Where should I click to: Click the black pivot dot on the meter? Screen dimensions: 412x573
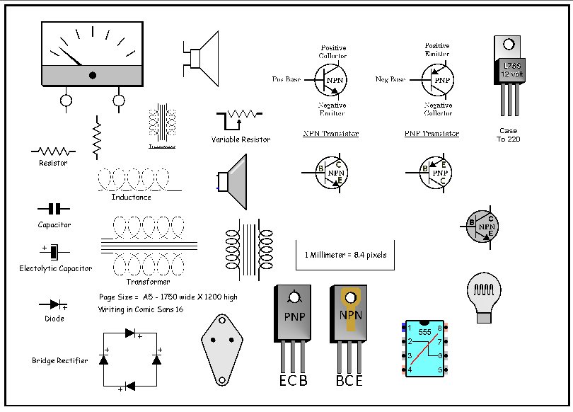tap(93, 75)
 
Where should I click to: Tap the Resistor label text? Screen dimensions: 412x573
tap(53, 163)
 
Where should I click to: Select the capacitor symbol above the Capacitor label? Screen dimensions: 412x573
tap(54, 209)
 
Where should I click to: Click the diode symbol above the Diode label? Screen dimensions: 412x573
tap(54, 304)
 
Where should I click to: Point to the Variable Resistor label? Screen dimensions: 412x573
tap(241, 139)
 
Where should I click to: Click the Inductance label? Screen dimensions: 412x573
tap(131, 197)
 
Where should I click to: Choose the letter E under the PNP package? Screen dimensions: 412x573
tap(282, 381)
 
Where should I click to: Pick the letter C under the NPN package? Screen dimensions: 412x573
tap(349, 381)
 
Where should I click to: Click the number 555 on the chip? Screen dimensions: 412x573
tap(424, 331)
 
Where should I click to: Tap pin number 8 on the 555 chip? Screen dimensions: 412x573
tap(439, 328)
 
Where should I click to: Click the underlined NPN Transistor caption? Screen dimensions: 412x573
tap(330, 134)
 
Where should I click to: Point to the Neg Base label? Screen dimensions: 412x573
tap(390, 79)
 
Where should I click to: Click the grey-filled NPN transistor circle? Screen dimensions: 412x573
tap(483, 227)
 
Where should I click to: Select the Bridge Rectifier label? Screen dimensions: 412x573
tap(60, 361)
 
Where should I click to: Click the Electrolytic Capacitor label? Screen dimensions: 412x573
tap(55, 268)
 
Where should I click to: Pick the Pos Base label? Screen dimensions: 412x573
tap(286, 79)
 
